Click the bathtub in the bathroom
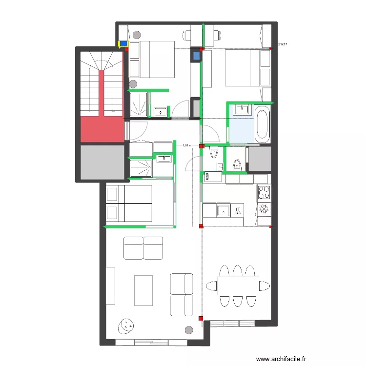click(x=262, y=124)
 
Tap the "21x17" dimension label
click(x=282, y=45)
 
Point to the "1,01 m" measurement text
click(x=187, y=145)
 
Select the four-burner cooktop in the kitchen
click(x=264, y=192)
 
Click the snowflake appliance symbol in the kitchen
click(x=264, y=209)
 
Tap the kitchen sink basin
click(x=223, y=211)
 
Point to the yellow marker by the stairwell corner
click(x=119, y=44)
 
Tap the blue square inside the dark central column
click(x=196, y=56)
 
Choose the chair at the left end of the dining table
click(x=211, y=285)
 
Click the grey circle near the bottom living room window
click(x=188, y=330)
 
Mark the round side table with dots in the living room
click(x=126, y=326)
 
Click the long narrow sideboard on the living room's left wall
click(x=112, y=285)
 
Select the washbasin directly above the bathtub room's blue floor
click(x=241, y=110)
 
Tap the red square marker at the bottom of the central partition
click(x=201, y=319)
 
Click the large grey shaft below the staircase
click(x=102, y=162)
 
